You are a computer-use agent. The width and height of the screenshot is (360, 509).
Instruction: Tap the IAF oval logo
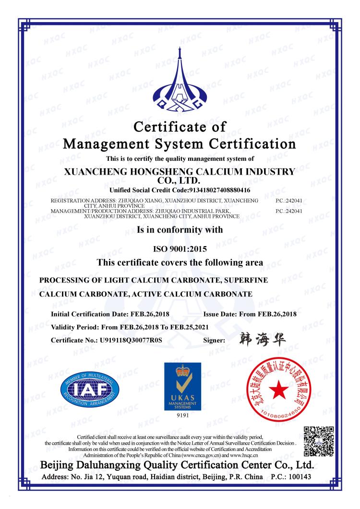[90, 389]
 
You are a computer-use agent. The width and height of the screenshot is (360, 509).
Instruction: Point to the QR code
[319, 440]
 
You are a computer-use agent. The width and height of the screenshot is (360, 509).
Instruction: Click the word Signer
[215, 340]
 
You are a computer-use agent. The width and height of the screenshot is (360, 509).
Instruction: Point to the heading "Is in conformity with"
[179, 230]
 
